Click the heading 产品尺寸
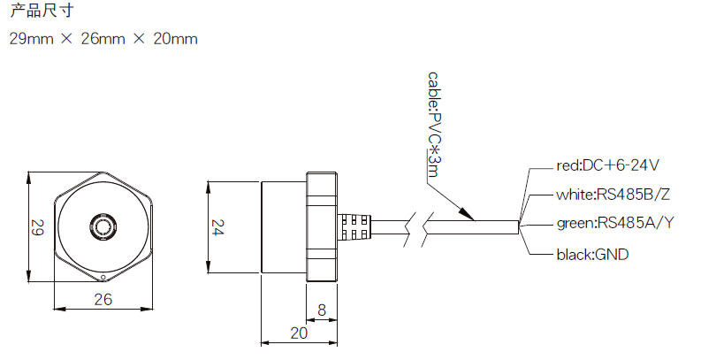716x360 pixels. point(41,11)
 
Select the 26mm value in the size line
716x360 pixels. point(103,39)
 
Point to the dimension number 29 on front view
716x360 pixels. point(36,227)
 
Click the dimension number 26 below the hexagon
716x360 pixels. point(103,299)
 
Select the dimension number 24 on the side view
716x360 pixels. point(217,227)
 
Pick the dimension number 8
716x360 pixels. point(322,310)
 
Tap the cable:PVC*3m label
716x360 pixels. point(432,125)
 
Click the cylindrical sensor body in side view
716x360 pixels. point(283,226)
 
